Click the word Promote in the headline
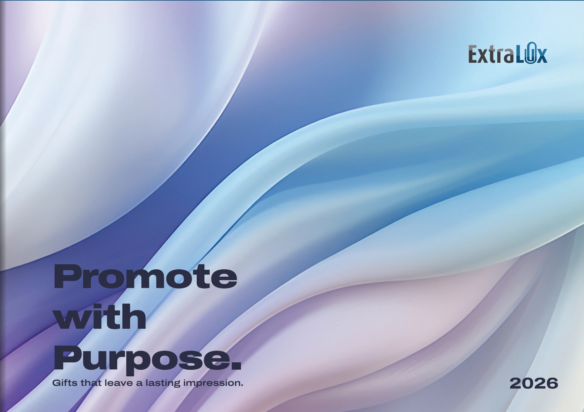[145, 277]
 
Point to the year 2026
[534, 383]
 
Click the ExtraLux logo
[508, 53]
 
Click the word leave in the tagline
[119, 383]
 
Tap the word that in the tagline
[91, 383]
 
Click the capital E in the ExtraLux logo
[473, 54]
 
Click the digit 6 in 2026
[552, 383]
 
